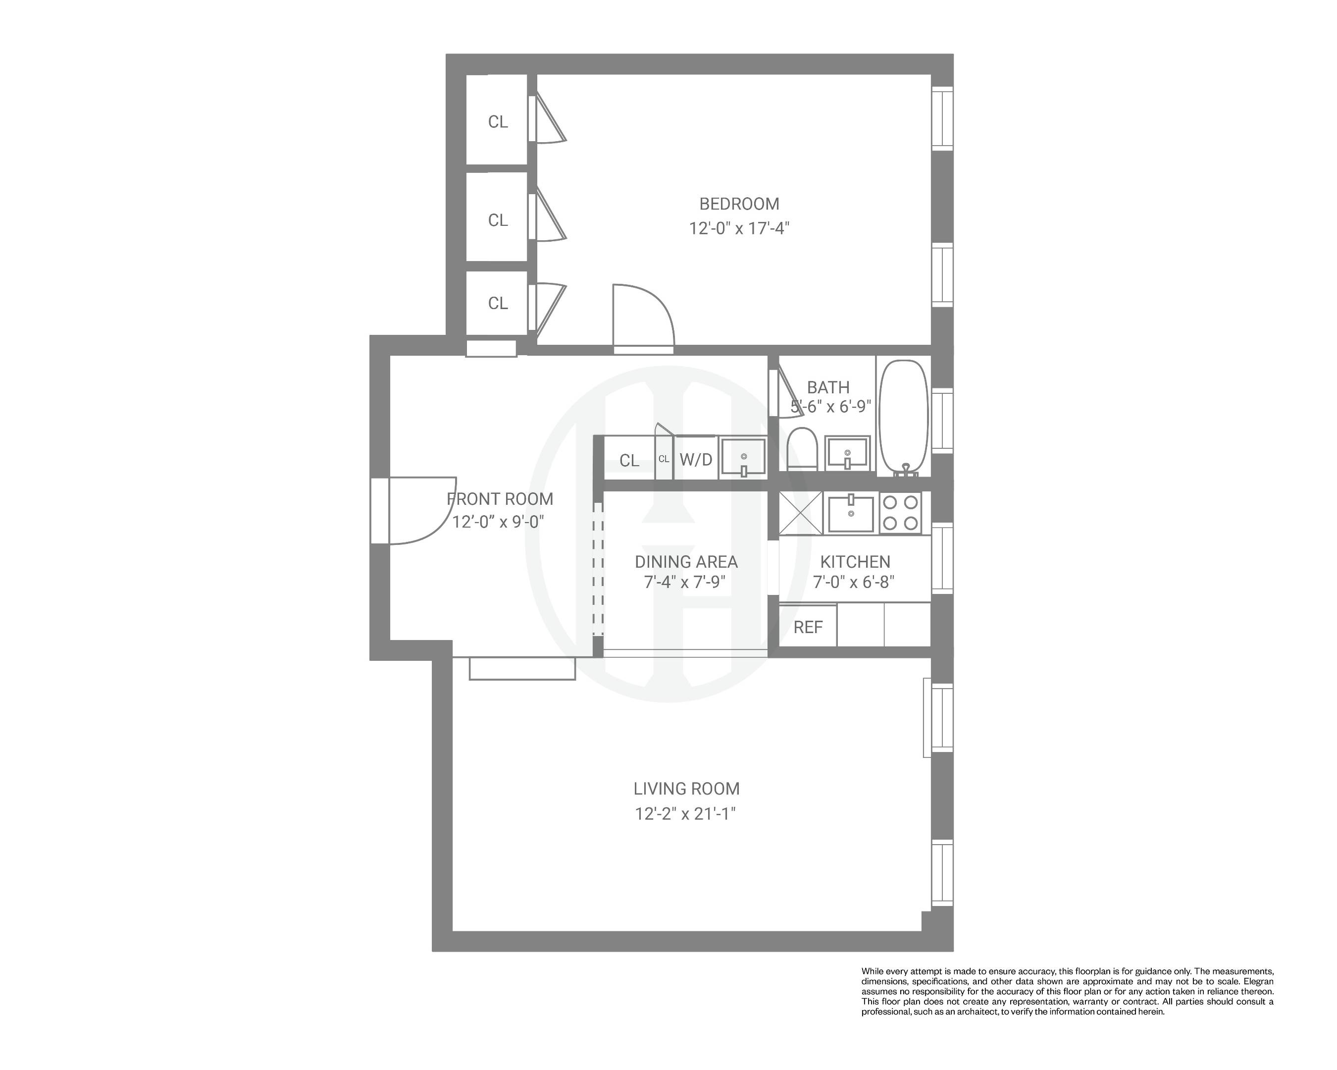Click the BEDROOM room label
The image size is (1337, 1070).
click(x=739, y=204)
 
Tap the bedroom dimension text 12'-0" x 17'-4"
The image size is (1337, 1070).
click(x=739, y=229)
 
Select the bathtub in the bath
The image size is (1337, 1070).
click(x=904, y=417)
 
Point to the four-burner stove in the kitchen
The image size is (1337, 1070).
click(x=900, y=512)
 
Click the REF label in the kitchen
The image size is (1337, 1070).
click(x=808, y=627)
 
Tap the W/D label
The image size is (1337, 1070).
click(x=696, y=460)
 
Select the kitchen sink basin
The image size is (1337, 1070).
click(x=851, y=514)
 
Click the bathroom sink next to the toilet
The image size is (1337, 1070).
click(x=847, y=453)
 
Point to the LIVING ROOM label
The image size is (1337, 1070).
click(x=686, y=789)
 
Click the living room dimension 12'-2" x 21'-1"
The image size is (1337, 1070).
click(x=685, y=814)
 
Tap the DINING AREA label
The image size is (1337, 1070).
click(x=686, y=562)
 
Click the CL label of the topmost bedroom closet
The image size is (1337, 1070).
click(x=497, y=121)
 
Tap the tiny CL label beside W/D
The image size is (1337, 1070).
click(x=664, y=459)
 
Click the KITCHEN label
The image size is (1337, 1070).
click(x=855, y=562)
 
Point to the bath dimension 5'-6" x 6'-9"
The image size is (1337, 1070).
click(x=830, y=407)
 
